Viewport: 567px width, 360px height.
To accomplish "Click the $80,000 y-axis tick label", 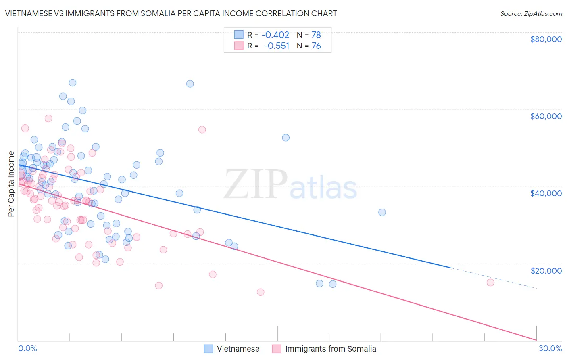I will (x=546, y=39).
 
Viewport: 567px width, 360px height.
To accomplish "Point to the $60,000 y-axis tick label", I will (x=546, y=116).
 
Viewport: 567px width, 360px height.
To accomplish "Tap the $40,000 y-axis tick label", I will (x=546, y=193).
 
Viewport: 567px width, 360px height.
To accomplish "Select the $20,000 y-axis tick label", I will (x=546, y=270).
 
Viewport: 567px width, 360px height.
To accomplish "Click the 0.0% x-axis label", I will (x=27, y=348).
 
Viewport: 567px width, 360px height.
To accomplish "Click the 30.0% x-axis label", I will (x=550, y=348).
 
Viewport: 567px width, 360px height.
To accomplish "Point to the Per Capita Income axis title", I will (x=11, y=184).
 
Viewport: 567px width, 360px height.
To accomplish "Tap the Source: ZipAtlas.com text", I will (x=531, y=14).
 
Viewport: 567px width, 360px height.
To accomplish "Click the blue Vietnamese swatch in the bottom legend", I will (x=208, y=349).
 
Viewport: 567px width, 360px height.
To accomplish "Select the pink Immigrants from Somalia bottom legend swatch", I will (x=277, y=349).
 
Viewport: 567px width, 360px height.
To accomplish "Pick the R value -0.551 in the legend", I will (x=276, y=46).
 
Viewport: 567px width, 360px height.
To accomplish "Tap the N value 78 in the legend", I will (x=316, y=35).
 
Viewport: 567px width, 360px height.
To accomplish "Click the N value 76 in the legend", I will (x=316, y=46).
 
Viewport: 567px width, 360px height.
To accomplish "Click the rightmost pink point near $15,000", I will (x=490, y=283).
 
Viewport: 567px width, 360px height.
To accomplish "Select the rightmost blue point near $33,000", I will (x=382, y=212).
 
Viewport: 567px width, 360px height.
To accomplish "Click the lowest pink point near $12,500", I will (x=261, y=292).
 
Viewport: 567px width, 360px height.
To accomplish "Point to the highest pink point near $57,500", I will (x=48, y=119).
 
